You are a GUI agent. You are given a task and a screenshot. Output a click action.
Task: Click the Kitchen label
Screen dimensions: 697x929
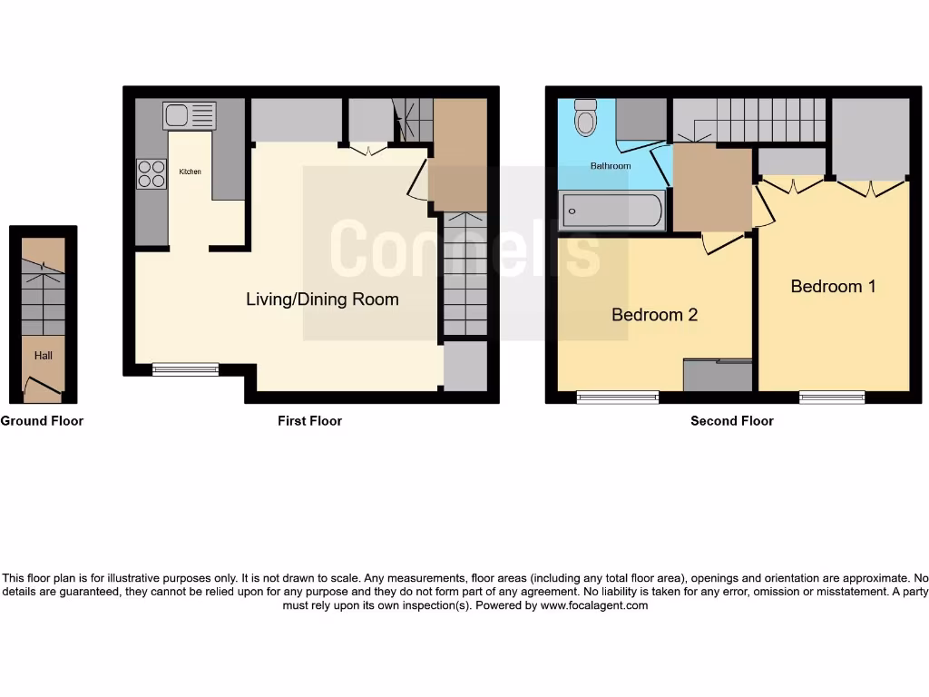coord(190,172)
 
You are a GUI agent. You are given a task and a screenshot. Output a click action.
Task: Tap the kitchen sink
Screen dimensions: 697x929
coord(190,115)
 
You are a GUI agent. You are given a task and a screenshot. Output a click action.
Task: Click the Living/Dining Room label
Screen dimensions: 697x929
coord(322,299)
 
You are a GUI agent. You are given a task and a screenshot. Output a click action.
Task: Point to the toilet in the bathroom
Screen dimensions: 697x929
coord(586,121)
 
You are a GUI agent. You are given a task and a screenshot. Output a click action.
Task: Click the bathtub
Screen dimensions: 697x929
coord(611,211)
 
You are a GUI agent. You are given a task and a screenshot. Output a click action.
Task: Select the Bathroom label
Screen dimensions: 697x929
coord(611,166)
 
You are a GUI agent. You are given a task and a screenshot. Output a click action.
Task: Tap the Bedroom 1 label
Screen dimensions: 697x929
coord(833,286)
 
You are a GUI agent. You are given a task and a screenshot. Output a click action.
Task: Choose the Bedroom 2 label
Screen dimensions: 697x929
coord(654,315)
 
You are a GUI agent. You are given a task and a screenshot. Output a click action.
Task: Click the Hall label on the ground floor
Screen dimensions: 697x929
coord(44,356)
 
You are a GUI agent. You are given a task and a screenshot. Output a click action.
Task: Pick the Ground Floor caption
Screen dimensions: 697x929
coord(42,421)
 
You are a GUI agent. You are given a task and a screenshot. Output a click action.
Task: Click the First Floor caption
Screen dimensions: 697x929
coord(309,421)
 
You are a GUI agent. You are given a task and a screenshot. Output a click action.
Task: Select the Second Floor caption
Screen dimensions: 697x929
coord(731,421)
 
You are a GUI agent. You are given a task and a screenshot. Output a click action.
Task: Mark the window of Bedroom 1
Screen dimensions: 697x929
coord(832,397)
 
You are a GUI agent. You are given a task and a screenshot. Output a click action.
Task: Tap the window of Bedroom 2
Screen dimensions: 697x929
coord(618,397)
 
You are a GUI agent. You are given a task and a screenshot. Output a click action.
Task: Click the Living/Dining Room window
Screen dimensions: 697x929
coord(185,369)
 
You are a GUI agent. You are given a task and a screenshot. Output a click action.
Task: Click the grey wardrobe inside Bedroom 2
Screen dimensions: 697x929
coord(717,376)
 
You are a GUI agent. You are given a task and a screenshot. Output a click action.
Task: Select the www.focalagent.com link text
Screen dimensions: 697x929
coord(594,605)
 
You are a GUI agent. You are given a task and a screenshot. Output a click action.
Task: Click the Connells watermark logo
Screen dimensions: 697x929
coord(464,250)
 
